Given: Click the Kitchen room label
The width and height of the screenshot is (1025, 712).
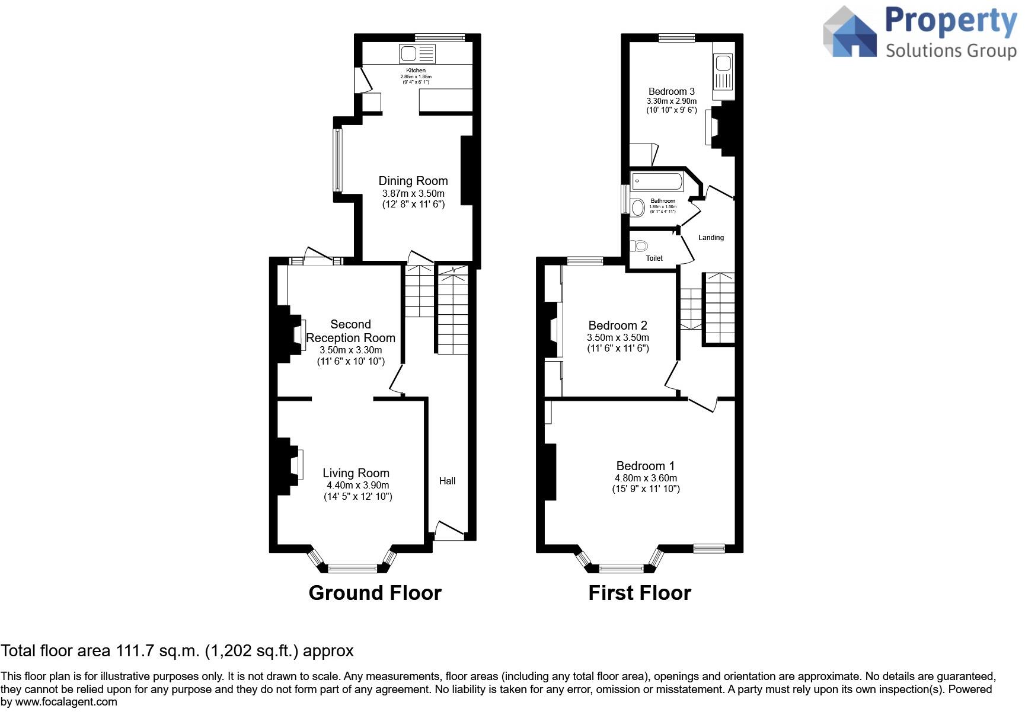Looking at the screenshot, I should coord(416,71).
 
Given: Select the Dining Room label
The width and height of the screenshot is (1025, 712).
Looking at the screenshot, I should coord(413,181).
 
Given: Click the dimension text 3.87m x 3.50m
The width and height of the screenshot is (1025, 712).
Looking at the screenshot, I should coord(413,194).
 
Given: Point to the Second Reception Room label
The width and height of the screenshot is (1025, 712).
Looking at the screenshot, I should coord(350,331).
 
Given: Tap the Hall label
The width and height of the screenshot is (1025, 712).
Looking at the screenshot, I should coord(447,481).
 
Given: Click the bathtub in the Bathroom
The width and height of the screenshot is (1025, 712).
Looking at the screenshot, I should coord(656,180).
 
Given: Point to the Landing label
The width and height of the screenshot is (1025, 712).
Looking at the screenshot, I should coord(711,238).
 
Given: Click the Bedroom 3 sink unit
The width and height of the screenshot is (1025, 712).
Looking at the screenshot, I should coord(723,71).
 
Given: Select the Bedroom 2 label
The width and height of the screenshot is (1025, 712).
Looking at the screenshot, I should coord(618,325).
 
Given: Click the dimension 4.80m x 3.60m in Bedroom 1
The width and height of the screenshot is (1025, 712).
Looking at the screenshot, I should coord(646,478).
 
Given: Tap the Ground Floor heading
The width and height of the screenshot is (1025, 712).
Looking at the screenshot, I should coord(375,593).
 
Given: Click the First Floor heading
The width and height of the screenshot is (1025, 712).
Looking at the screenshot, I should coord(640,593).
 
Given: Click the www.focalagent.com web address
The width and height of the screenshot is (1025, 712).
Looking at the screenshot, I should coord(66,702).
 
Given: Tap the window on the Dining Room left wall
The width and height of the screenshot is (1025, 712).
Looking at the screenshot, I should coord(337,160).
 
